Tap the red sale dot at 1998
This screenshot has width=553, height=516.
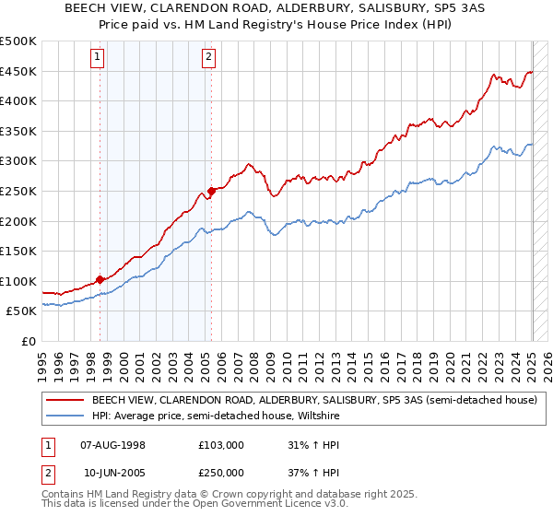100,278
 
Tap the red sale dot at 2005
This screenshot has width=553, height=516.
211,191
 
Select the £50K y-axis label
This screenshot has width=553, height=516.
21,311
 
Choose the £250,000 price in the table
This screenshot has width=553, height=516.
221,472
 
